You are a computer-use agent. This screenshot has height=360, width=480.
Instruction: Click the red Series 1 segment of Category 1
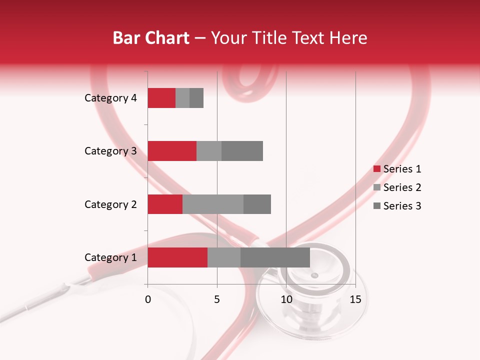(x=177, y=257)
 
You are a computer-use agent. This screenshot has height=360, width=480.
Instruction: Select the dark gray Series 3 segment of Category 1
(x=275, y=257)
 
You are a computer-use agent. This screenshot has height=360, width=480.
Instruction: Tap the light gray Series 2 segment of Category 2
(x=213, y=204)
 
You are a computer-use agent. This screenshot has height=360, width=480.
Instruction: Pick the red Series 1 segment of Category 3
(x=172, y=151)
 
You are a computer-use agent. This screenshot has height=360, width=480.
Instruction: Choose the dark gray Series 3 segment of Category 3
(x=242, y=151)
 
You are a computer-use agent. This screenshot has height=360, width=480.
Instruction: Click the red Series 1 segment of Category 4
(x=161, y=98)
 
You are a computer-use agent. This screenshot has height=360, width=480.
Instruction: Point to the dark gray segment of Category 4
(x=196, y=98)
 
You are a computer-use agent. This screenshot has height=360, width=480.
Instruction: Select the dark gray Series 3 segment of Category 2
(x=257, y=204)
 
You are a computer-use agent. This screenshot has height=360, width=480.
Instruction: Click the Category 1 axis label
(x=110, y=257)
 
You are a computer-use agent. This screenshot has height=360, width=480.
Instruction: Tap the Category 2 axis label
(x=110, y=204)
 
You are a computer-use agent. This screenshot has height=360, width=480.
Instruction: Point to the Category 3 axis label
(x=110, y=151)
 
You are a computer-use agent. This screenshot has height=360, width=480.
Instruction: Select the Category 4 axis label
(x=110, y=98)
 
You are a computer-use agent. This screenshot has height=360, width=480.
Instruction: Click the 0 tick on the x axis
(x=148, y=299)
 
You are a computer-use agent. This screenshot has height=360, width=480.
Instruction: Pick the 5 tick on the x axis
(x=217, y=299)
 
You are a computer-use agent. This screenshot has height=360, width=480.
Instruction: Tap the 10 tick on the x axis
(x=286, y=299)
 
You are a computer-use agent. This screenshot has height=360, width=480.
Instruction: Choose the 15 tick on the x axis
(x=355, y=299)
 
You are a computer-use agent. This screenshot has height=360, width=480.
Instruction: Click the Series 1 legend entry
(x=397, y=169)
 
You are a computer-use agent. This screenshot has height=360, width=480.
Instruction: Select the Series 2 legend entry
(x=397, y=187)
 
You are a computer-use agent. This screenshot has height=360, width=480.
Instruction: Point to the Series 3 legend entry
(x=397, y=206)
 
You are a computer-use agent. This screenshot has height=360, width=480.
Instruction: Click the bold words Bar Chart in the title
(x=151, y=38)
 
